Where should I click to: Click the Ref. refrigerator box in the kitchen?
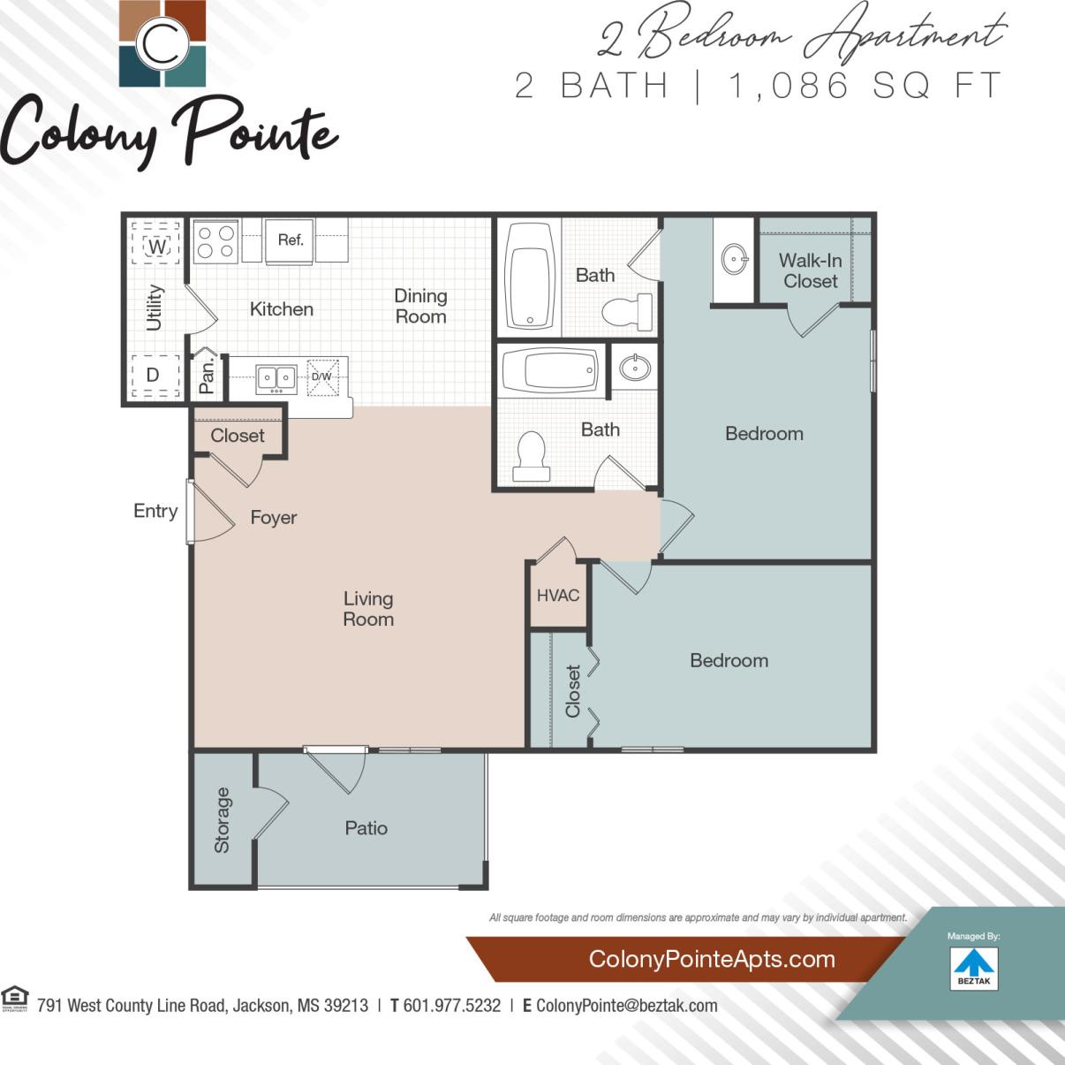click(x=290, y=240)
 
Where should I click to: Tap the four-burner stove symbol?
click(x=216, y=241)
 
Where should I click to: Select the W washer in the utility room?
click(x=156, y=246)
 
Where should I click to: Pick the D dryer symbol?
click(x=154, y=375)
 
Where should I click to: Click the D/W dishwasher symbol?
click(x=322, y=377)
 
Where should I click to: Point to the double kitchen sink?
click(x=276, y=378)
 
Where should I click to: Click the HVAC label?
click(x=558, y=595)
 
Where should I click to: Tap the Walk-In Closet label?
click(x=810, y=270)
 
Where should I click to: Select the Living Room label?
click(x=368, y=609)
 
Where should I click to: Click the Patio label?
click(x=366, y=828)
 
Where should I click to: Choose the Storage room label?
click(x=222, y=820)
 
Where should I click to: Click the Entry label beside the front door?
click(x=155, y=511)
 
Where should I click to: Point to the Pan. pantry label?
click(x=207, y=376)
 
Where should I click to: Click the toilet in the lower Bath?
click(x=532, y=456)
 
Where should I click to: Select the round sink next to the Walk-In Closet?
click(x=735, y=260)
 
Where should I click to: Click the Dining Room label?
click(x=420, y=306)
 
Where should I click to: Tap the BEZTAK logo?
click(x=974, y=968)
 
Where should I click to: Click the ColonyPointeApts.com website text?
click(x=711, y=959)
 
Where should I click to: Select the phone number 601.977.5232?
click(x=451, y=1006)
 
